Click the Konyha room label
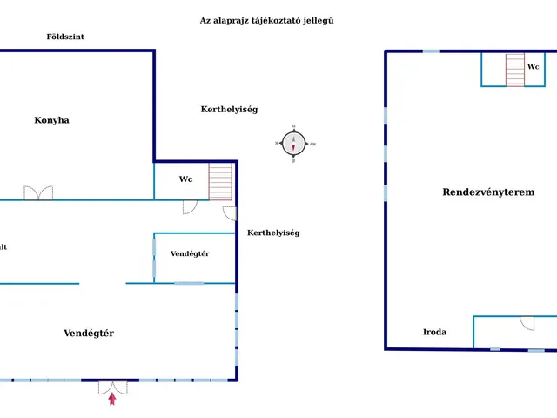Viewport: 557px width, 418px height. point(52,120)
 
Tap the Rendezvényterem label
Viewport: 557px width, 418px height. point(488,192)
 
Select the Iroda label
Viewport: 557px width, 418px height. point(434,332)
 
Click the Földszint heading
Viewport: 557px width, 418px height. point(65,37)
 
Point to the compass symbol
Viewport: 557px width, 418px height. point(294,144)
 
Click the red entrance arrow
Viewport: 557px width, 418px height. point(112,399)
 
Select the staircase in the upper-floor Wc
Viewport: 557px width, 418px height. point(515,70)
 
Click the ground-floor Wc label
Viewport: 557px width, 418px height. point(185,179)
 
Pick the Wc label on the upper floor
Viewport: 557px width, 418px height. point(533,66)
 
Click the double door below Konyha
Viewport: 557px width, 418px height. point(38,192)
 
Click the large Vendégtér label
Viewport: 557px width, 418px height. point(89,333)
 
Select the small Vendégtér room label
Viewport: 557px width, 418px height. point(190,253)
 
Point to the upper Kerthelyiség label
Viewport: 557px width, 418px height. point(229,109)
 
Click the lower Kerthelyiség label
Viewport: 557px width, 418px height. point(273,233)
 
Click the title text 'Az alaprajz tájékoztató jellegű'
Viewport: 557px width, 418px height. point(267,20)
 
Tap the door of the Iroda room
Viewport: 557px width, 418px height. point(527,322)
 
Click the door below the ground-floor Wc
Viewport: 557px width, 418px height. point(189,206)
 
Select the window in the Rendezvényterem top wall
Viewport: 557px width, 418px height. point(431,51)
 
